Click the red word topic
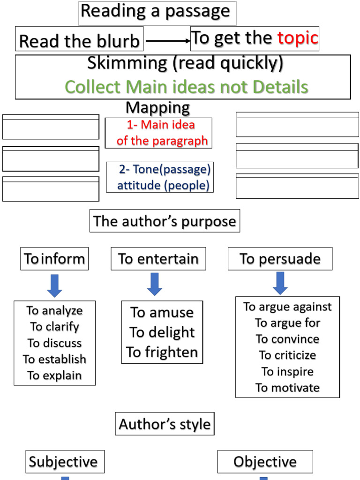tap(298, 38)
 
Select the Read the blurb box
tap(79, 41)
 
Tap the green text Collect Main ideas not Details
tap(186, 87)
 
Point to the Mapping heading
tap(157, 108)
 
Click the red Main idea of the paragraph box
tap(159, 133)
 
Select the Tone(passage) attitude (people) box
tap(160, 177)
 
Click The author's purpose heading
tap(165, 221)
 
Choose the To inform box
tap(54, 259)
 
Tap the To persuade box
tap(280, 259)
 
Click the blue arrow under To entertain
tap(155, 284)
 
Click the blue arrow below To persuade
tap(280, 283)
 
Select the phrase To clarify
tap(54, 327)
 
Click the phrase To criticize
tap(287, 355)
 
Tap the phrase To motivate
tap(287, 388)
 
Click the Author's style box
tap(165, 424)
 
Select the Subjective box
tap(64, 462)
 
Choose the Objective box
tap(265, 462)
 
